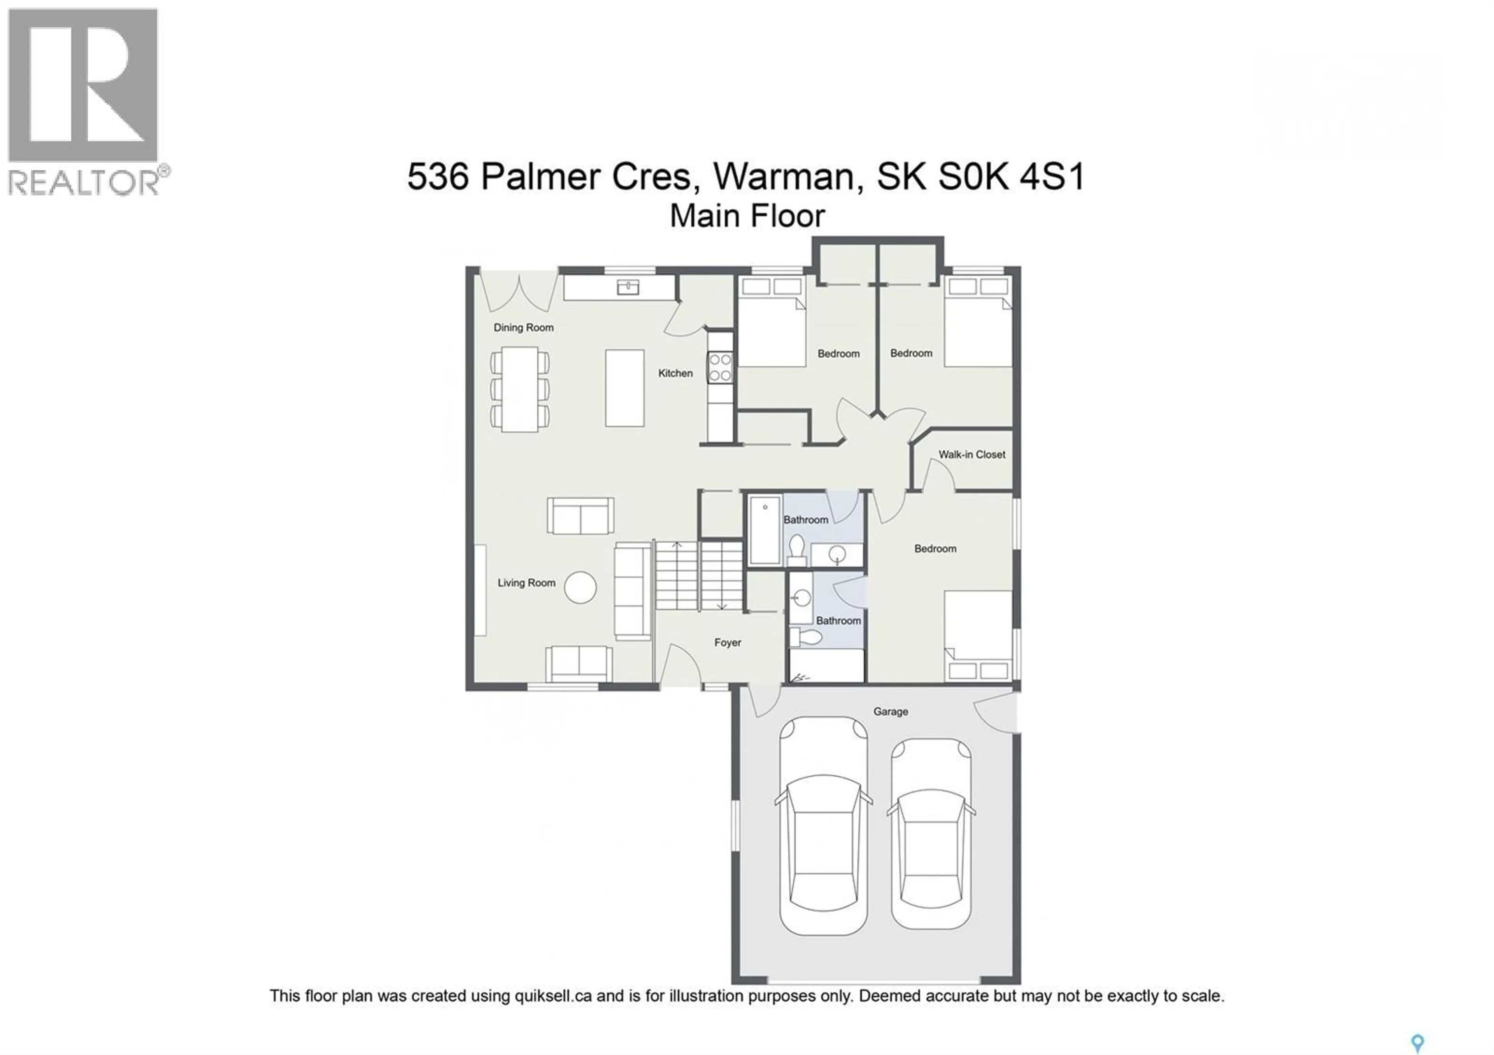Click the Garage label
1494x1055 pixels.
(x=890, y=712)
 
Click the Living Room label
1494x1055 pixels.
(x=526, y=583)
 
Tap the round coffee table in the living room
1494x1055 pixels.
(x=580, y=587)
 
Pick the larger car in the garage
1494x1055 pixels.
(x=823, y=826)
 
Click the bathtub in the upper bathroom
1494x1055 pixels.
(x=765, y=530)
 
